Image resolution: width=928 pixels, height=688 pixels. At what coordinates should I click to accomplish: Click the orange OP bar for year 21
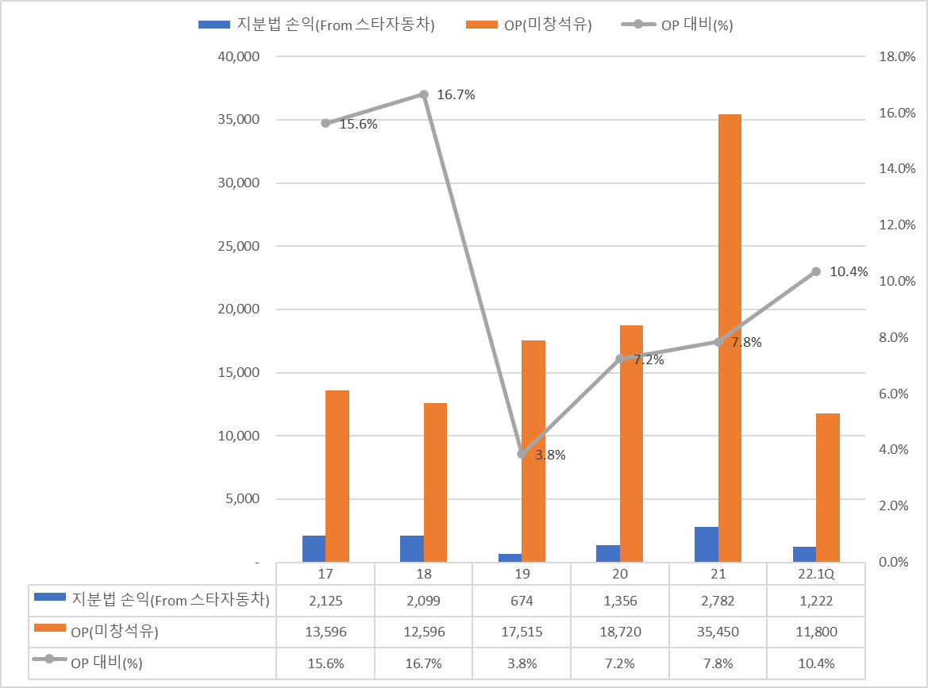click(x=730, y=338)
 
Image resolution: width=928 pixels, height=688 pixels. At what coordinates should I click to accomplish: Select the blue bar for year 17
click(x=314, y=548)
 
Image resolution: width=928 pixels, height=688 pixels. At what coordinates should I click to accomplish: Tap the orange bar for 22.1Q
click(x=828, y=487)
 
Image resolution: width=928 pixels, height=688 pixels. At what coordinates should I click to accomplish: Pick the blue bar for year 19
click(x=510, y=558)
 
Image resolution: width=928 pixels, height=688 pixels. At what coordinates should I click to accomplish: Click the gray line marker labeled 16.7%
click(x=424, y=94)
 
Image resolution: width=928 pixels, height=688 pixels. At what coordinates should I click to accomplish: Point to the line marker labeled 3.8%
click(x=522, y=454)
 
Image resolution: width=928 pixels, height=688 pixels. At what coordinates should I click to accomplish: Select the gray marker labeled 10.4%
click(x=815, y=271)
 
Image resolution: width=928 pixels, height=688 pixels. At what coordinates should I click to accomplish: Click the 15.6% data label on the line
click(x=358, y=125)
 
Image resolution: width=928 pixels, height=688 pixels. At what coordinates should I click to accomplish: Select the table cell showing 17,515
click(x=522, y=632)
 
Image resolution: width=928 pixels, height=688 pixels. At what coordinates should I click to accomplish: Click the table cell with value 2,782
click(x=718, y=601)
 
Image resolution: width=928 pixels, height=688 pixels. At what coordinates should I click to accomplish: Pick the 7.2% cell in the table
click(x=620, y=663)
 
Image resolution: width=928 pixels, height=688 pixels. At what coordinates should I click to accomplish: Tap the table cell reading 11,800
click(x=815, y=632)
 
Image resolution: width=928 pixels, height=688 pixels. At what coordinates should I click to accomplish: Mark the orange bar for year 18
click(x=435, y=482)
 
